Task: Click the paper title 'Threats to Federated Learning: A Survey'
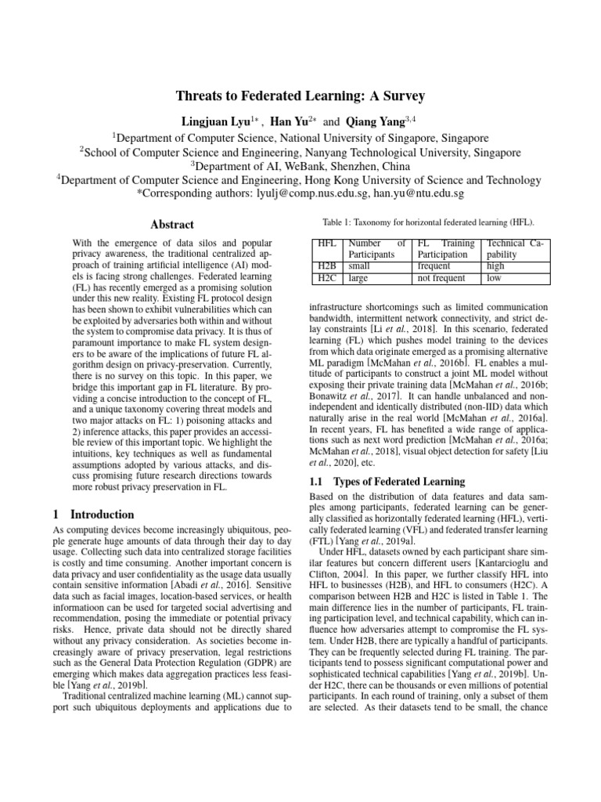pos(300,96)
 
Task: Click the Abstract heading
pos(172,225)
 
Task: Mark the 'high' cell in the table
pos(495,266)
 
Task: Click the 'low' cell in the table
pos(494,277)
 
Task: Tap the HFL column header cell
pos(326,244)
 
